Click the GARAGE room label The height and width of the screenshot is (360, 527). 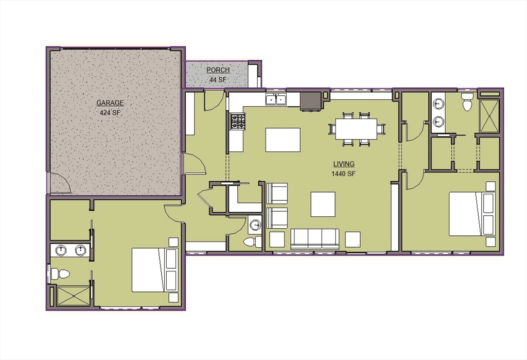pyautogui.click(x=110, y=103)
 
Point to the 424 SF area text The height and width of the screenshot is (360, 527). pyautogui.click(x=110, y=112)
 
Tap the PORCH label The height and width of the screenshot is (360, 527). pyautogui.click(x=218, y=70)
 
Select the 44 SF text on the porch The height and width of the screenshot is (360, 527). pyautogui.click(x=218, y=80)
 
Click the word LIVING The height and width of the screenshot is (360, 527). pyautogui.click(x=343, y=164)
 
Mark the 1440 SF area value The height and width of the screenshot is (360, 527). pyautogui.click(x=343, y=174)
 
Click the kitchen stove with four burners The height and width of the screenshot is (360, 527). pyautogui.click(x=237, y=122)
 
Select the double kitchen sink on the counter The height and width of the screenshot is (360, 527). pyautogui.click(x=276, y=99)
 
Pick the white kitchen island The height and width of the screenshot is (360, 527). pyautogui.click(x=283, y=140)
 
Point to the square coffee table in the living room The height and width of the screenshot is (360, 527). pyautogui.click(x=323, y=204)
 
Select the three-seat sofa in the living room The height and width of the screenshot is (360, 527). pyautogui.click(x=314, y=239)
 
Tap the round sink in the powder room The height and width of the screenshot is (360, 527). pyautogui.click(x=255, y=225)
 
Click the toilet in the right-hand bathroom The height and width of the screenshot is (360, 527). pyautogui.click(x=467, y=103)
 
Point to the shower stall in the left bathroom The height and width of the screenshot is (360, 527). pyautogui.click(x=71, y=297)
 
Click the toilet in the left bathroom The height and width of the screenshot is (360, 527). pyautogui.click(x=61, y=273)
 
